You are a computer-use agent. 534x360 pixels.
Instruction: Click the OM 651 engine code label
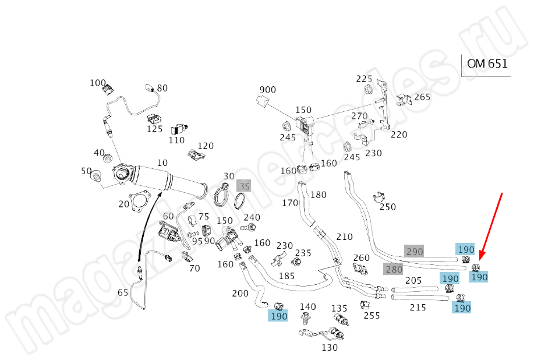[x=487, y=64]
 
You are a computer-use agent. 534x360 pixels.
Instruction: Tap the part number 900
[x=267, y=90]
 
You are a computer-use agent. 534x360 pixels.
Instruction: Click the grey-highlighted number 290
[x=414, y=251]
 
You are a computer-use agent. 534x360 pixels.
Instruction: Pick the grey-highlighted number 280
[x=394, y=269]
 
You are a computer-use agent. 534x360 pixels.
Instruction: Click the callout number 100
[x=98, y=83]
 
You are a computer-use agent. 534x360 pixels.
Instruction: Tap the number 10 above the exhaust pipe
[x=162, y=163]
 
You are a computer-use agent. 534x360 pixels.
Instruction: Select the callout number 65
[x=123, y=292]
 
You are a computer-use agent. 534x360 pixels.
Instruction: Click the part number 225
[x=364, y=79]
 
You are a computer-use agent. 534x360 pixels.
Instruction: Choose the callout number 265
[x=422, y=97]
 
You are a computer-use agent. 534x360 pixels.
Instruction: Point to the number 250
[x=387, y=207]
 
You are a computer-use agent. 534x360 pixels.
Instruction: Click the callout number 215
[x=418, y=307]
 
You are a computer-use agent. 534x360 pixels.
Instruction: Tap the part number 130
[x=329, y=348]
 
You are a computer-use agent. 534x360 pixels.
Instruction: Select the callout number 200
[x=240, y=293]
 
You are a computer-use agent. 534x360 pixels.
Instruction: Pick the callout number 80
[x=162, y=89]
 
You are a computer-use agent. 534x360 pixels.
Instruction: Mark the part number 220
[x=399, y=135]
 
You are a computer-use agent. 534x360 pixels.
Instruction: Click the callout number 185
[x=287, y=276]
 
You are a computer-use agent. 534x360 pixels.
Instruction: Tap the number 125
[x=154, y=129]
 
